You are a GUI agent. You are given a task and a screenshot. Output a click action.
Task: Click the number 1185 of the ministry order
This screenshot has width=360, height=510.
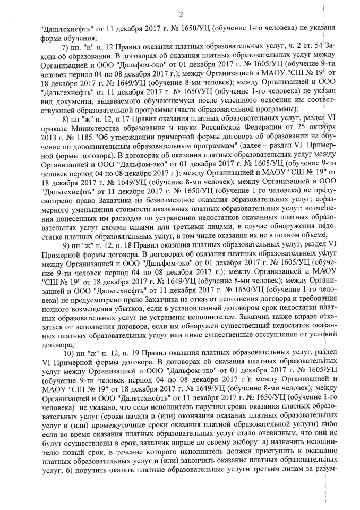click(x=68, y=140)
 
